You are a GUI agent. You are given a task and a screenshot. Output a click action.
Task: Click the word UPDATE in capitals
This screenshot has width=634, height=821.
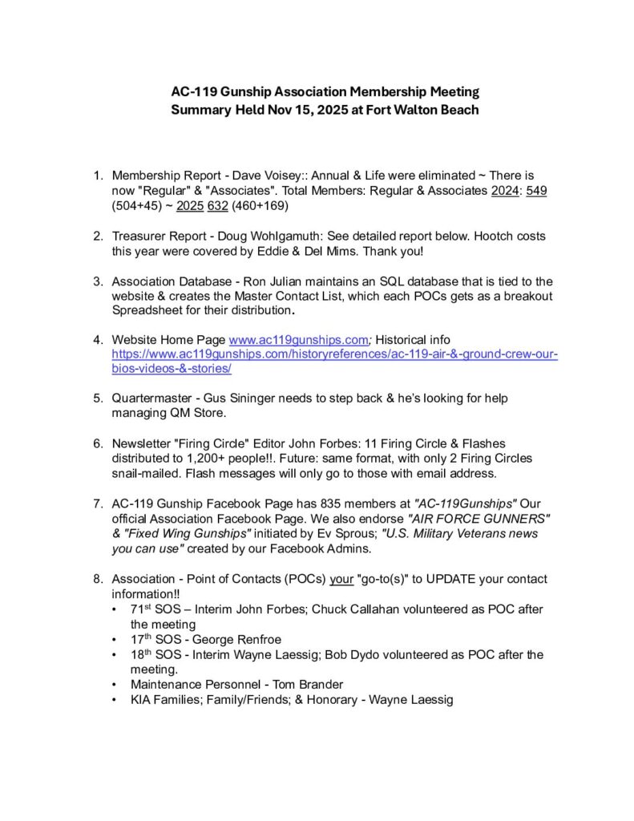pyautogui.click(x=443, y=579)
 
